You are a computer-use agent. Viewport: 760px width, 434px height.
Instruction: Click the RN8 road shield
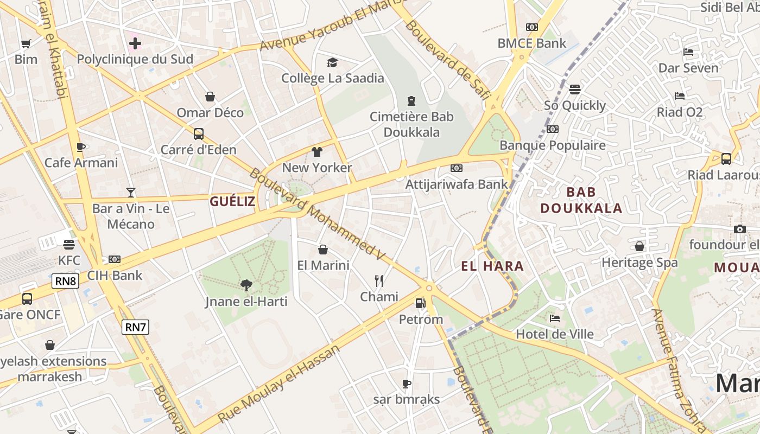pos(66,281)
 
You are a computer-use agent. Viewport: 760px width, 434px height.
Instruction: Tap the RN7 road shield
pos(135,327)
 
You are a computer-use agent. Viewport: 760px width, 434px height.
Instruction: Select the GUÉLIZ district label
pos(232,202)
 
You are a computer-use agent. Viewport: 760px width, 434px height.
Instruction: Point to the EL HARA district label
pos(492,266)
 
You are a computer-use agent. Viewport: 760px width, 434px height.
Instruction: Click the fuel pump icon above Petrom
pos(420,303)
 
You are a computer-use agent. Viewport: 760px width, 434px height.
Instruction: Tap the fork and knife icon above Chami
pos(379,280)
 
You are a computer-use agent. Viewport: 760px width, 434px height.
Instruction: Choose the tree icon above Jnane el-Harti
pos(246,285)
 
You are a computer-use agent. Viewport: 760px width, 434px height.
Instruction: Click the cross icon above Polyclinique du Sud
pos(135,43)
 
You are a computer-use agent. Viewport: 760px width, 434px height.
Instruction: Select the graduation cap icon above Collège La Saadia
pos(332,62)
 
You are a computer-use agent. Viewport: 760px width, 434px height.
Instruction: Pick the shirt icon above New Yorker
pos(317,151)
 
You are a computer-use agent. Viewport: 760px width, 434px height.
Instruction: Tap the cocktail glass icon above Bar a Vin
pos(131,192)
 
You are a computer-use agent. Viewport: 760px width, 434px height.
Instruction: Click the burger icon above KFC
pos(68,244)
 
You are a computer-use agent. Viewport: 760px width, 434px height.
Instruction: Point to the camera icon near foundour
pos(739,229)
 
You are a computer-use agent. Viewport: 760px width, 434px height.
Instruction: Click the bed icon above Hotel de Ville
pos(554,318)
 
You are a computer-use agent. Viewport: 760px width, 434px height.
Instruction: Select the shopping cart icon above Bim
pos(26,43)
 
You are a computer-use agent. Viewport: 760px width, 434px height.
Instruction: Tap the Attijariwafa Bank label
pos(457,184)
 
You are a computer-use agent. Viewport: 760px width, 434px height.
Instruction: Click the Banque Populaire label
pos(552,145)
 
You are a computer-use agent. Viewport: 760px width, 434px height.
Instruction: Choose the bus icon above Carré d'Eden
pos(199,133)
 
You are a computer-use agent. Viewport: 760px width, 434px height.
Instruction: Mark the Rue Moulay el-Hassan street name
pos(278,382)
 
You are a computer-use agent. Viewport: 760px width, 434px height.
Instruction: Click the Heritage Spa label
pos(639,263)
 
